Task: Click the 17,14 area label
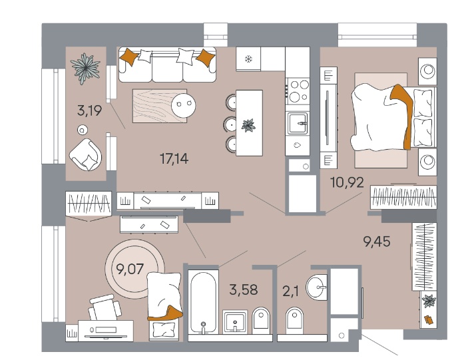[174, 158]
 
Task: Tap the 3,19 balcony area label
[89, 110]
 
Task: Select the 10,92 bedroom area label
[347, 182]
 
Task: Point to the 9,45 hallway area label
[377, 242]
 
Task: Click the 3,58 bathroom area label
[244, 289]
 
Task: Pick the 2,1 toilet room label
[290, 291]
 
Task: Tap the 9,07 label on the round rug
[130, 269]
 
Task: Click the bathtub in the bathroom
[203, 302]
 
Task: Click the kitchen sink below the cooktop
[298, 123]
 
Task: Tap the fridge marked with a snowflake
[248, 59]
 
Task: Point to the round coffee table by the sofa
[184, 105]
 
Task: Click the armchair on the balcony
[86, 155]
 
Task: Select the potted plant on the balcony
[85, 69]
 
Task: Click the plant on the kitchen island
[248, 125]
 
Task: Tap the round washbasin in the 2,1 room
[316, 286]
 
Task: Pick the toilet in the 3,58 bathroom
[260, 321]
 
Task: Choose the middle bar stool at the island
[230, 124]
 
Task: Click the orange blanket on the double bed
[403, 114]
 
